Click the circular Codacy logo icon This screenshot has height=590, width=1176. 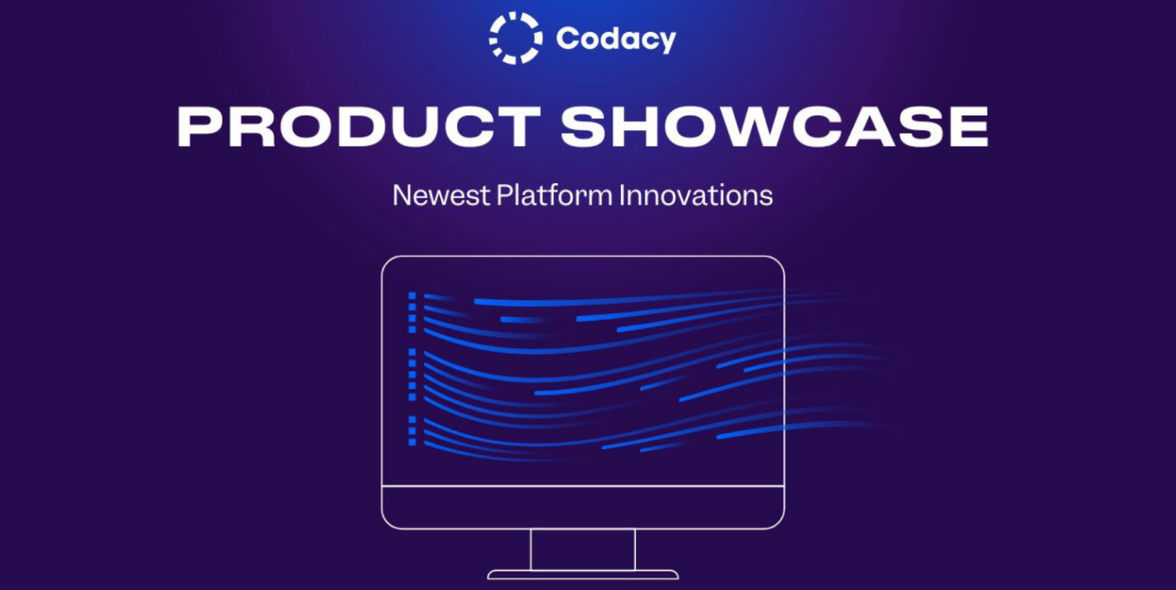click(x=515, y=38)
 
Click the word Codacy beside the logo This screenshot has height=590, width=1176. click(x=615, y=38)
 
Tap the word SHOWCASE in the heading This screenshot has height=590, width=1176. click(x=774, y=127)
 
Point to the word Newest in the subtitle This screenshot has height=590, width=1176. click(x=441, y=195)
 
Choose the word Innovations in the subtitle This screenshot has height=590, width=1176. click(x=695, y=195)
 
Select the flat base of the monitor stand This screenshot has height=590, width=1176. click(x=583, y=575)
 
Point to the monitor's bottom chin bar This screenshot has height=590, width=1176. click(x=583, y=507)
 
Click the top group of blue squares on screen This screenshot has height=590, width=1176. click(x=412, y=313)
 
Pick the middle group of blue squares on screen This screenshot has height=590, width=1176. click(x=412, y=375)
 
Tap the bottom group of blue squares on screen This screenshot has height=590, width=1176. click(x=412, y=431)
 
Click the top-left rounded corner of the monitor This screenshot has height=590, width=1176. click(x=387, y=262)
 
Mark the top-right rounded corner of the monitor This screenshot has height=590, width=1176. click(x=779, y=262)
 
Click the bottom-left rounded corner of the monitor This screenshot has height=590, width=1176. click(x=387, y=523)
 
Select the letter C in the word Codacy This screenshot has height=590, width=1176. click(x=567, y=38)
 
